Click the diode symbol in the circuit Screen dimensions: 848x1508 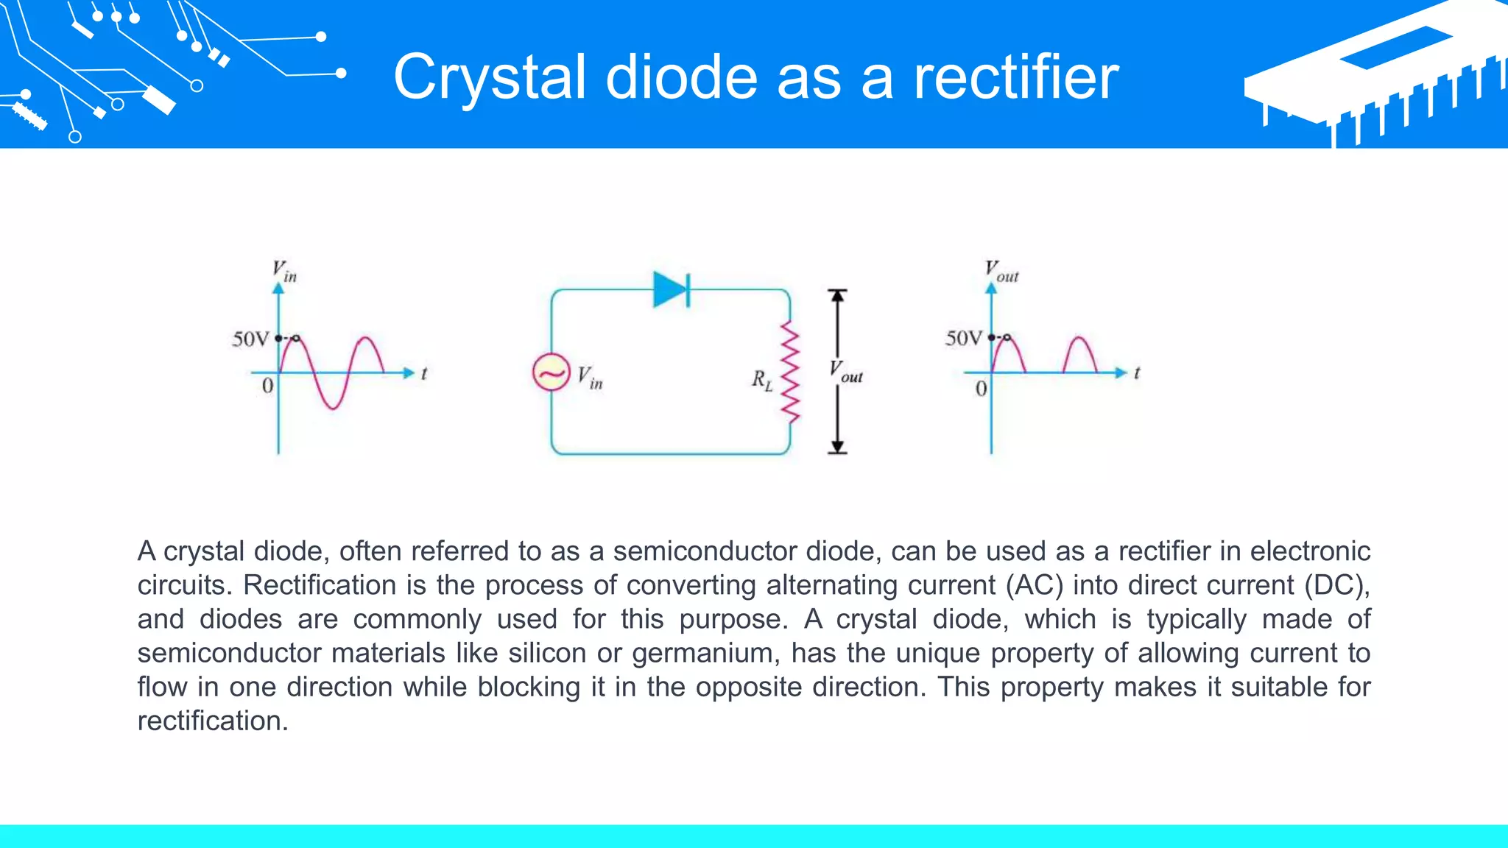[671, 289]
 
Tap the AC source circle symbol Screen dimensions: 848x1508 [551, 372]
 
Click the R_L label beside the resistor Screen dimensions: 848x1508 [762, 381]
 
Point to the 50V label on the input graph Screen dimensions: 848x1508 [250, 339]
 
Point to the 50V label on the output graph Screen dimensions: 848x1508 [963, 339]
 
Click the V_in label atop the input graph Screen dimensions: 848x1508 [284, 271]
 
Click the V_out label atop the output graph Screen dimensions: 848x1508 [1001, 272]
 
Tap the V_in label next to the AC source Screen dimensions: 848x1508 [590, 378]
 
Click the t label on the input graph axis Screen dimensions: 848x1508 [424, 374]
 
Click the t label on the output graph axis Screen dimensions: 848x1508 [1137, 373]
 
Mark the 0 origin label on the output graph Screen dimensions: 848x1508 [981, 389]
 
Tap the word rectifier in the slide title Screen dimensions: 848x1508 [1015, 77]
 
